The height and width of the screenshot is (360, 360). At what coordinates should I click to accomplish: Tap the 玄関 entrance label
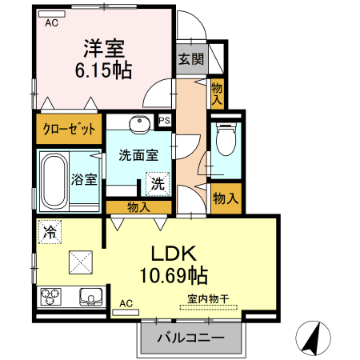coord(190,58)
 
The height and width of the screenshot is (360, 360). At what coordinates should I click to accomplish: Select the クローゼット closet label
coord(69,128)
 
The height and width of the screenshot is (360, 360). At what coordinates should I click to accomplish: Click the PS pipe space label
coord(165,121)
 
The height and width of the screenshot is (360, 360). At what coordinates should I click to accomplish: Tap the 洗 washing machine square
coord(158,183)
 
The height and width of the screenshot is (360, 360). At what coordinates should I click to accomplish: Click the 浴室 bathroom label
coord(85,178)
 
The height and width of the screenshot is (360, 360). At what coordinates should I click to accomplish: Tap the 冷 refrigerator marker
coord(50,233)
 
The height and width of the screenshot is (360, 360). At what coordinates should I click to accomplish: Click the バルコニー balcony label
coord(190,338)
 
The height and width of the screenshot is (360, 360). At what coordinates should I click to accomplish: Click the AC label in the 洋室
coord(51,22)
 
